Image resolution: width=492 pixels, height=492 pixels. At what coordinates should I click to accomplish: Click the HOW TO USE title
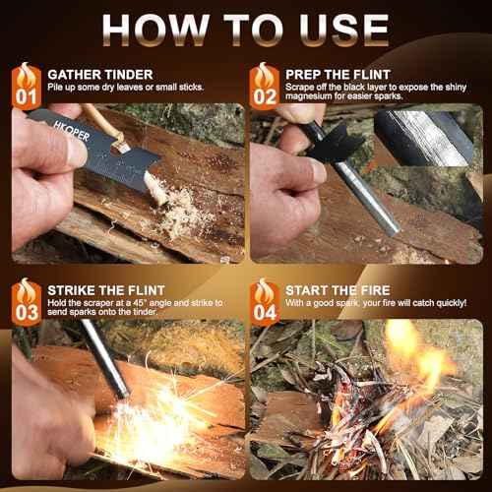tap(246, 29)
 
